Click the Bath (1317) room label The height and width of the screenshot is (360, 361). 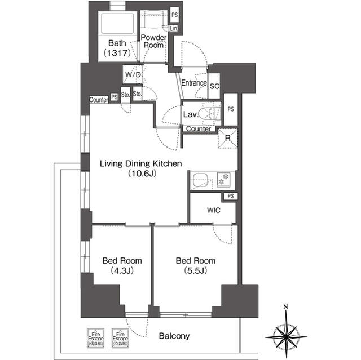117,48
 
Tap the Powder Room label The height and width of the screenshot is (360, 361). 153,41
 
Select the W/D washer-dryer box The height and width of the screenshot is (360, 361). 133,74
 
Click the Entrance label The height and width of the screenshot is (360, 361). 193,83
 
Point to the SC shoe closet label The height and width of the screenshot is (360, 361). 214,86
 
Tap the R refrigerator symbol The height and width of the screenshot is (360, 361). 227,139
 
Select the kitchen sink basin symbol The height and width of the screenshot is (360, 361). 200,181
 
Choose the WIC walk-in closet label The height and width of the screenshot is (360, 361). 213,210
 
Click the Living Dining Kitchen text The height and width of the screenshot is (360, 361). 140,164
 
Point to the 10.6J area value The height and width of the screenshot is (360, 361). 141,174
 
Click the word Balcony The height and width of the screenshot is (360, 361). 174,336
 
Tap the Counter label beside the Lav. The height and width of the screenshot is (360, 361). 199,129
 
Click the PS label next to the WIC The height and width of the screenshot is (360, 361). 230,196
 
